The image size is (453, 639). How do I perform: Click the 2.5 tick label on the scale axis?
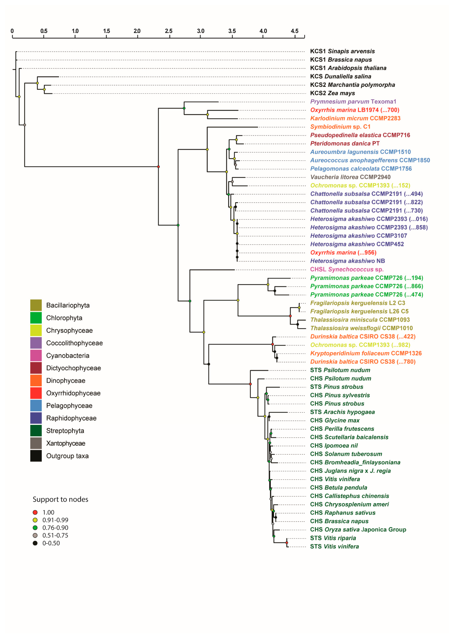click(169, 31)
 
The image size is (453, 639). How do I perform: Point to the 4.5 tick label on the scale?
click(295, 31)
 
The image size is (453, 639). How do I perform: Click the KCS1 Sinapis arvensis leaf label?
click(342, 51)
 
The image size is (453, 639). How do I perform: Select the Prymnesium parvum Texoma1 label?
click(353, 102)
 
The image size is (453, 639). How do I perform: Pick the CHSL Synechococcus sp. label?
click(347, 269)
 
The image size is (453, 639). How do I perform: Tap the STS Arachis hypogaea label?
click(342, 412)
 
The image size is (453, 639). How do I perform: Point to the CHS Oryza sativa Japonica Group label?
click(358, 529)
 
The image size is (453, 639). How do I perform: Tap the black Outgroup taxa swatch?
click(36, 456)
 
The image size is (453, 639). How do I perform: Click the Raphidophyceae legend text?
click(71, 418)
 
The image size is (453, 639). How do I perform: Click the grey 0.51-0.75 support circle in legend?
click(35, 535)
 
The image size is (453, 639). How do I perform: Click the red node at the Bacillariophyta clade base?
click(290, 316)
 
